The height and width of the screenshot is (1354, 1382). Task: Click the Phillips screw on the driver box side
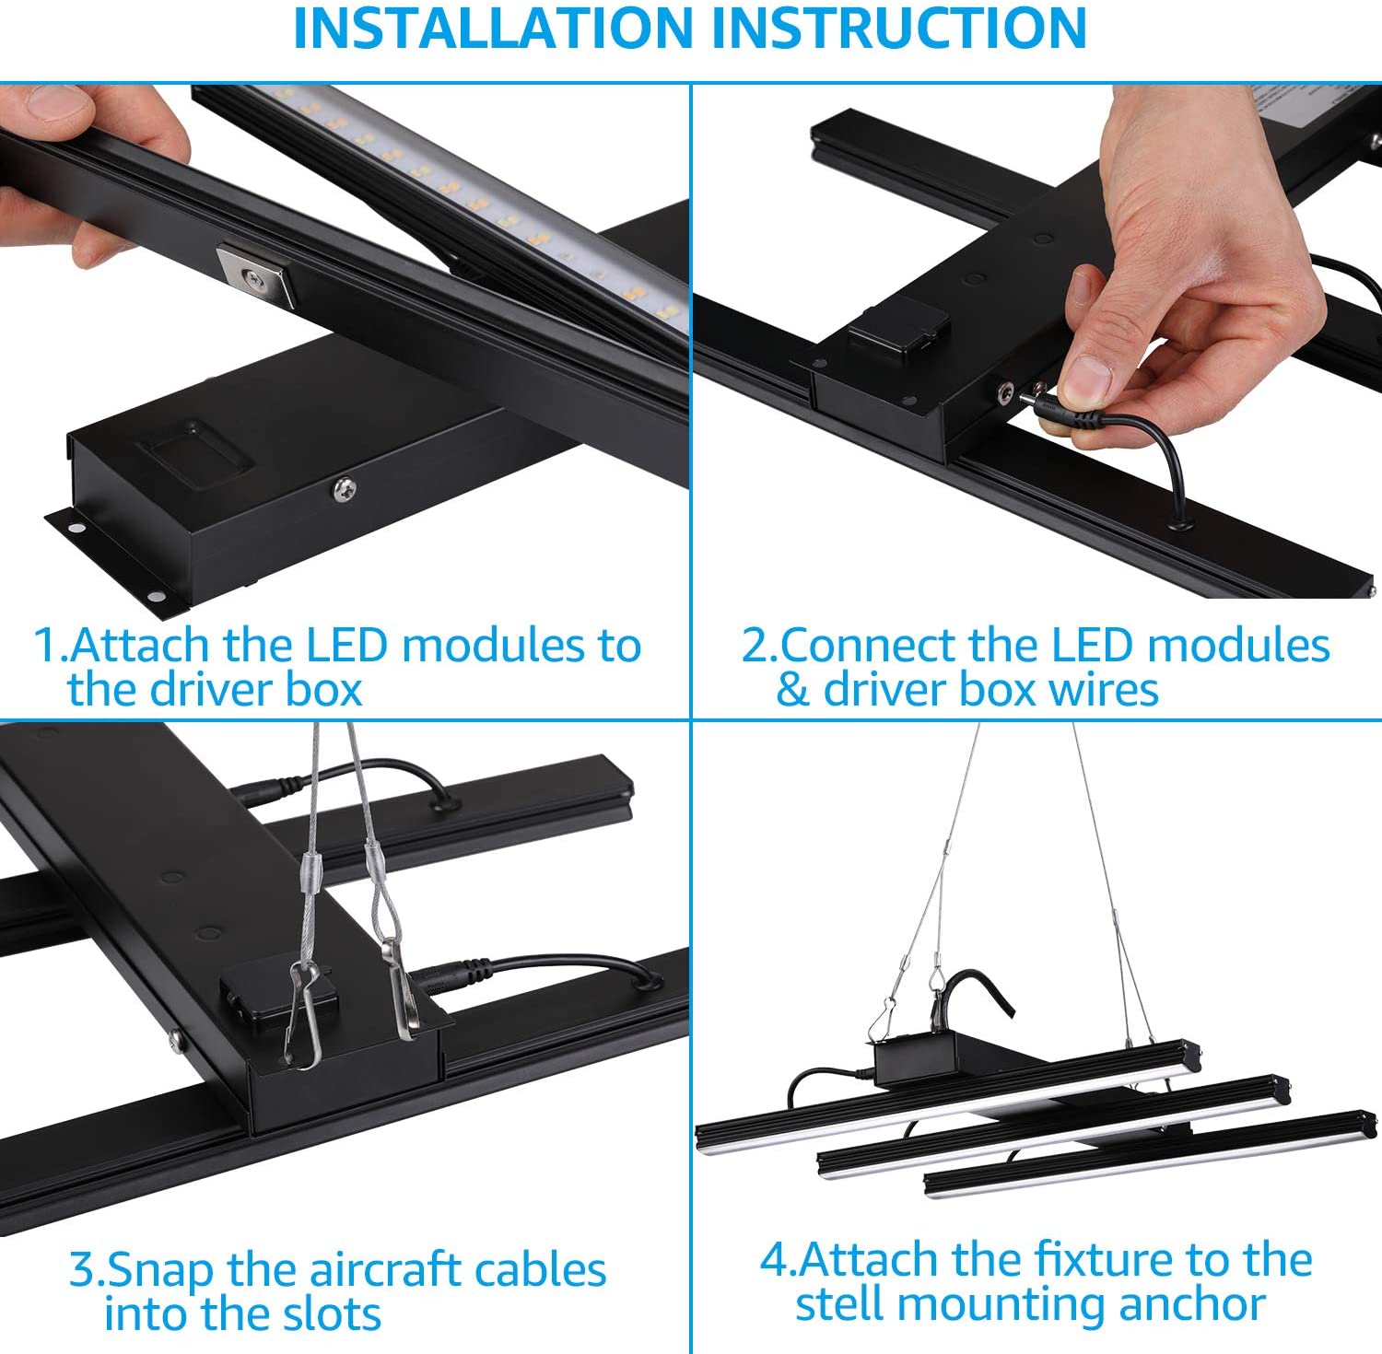(x=345, y=489)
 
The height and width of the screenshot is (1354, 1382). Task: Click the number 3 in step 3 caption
(x=83, y=1270)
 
